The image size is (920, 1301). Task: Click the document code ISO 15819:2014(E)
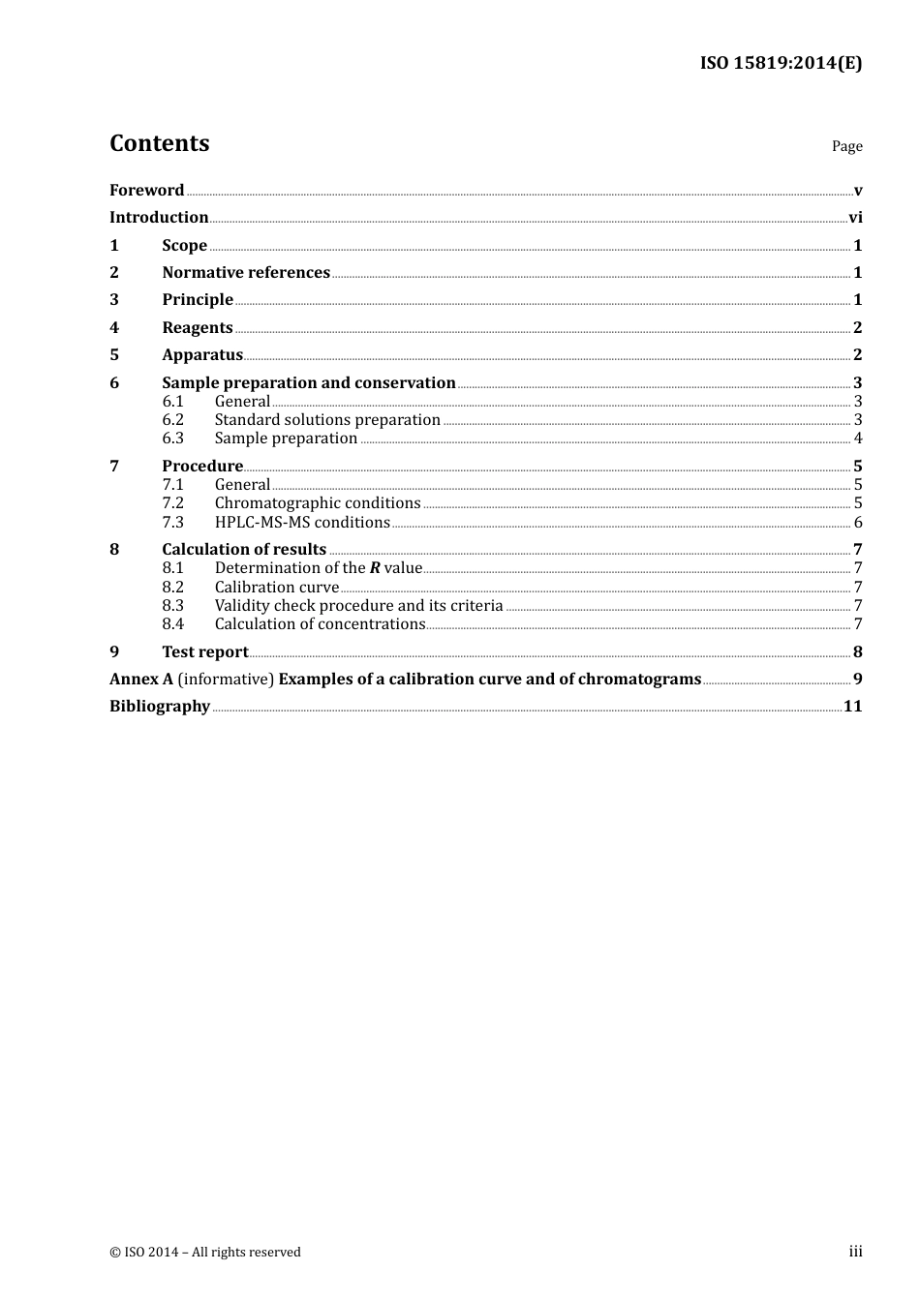click(x=781, y=63)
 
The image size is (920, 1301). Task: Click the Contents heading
click(x=159, y=143)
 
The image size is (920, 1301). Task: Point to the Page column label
click(x=846, y=146)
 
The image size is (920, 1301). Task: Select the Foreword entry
click(x=146, y=190)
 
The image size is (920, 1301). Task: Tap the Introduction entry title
click(x=159, y=217)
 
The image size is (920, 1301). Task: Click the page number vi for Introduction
click(x=855, y=217)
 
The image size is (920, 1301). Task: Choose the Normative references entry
click(x=246, y=272)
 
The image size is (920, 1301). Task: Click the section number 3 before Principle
click(x=114, y=299)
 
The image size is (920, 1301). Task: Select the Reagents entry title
click(x=198, y=327)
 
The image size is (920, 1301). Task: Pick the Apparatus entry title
click(x=202, y=354)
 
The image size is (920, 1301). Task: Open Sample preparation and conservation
click(x=308, y=382)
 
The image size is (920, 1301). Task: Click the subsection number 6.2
click(x=172, y=419)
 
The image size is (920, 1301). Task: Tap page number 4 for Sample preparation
click(x=858, y=438)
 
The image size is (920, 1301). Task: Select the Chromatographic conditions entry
click(x=318, y=502)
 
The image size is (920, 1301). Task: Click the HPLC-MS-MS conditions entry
click(x=302, y=522)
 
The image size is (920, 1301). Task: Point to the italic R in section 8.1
click(x=375, y=568)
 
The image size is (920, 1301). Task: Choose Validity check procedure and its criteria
click(x=358, y=605)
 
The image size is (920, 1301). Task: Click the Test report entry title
click(x=205, y=651)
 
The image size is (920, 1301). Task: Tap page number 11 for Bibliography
click(x=852, y=706)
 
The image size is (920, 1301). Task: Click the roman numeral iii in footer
click(x=855, y=1252)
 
